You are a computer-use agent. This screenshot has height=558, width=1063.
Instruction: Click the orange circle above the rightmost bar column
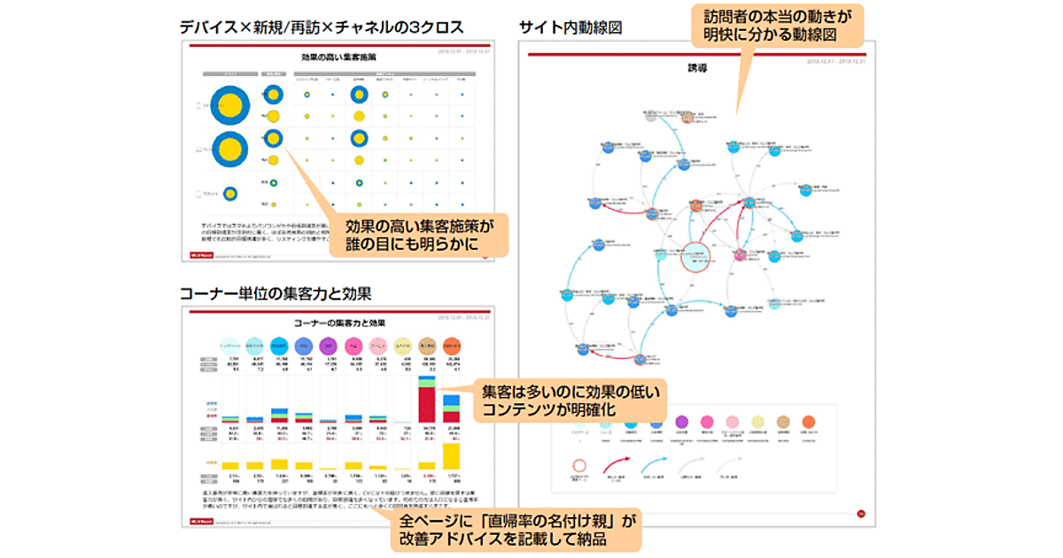[x=451, y=343]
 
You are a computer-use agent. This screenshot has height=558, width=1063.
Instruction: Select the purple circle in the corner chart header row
[x=327, y=343]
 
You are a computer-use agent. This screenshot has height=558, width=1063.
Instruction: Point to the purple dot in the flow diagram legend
[x=682, y=422]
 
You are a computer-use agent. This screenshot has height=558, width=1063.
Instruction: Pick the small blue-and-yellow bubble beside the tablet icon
[x=229, y=193]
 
